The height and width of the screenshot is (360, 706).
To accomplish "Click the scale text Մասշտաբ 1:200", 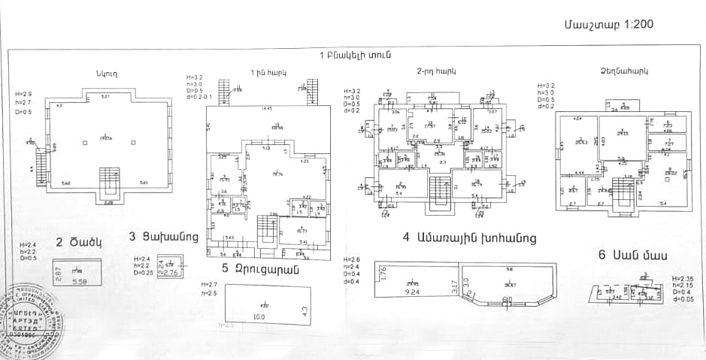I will pyautogui.click(x=608, y=24).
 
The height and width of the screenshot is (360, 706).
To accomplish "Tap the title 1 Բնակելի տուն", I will pyautogui.click(x=354, y=56).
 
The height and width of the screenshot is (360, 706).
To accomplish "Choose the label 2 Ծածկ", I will pyautogui.click(x=77, y=243).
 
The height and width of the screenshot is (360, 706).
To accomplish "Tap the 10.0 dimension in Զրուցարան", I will pyautogui.click(x=259, y=317).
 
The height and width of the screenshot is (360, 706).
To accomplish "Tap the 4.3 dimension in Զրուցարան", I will pyautogui.click(x=305, y=309).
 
